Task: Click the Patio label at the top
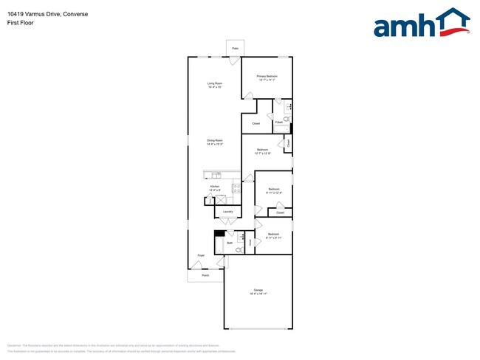click(235, 48)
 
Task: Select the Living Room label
click(215, 85)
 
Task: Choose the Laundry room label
click(227, 212)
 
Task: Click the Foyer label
click(200, 256)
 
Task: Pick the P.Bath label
click(278, 122)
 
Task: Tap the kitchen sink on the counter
click(216, 175)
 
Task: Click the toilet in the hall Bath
click(239, 250)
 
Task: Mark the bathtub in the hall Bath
click(219, 243)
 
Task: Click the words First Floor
click(21, 23)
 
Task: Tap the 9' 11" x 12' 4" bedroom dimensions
click(274, 193)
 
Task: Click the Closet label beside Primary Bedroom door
click(256, 123)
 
